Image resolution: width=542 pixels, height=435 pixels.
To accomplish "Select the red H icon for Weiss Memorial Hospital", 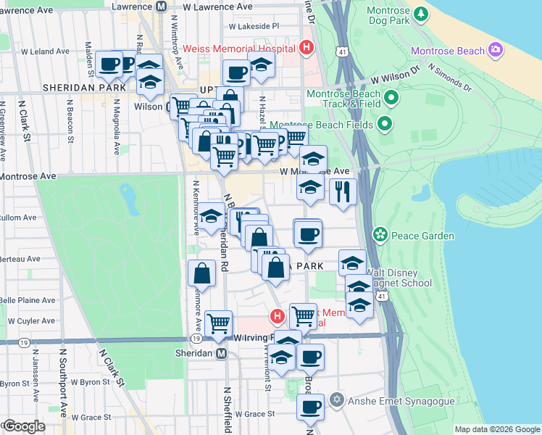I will [x=307, y=49].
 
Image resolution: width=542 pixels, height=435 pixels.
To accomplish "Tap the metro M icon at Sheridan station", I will [x=222, y=353].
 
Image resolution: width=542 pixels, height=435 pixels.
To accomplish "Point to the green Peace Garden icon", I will [x=379, y=235].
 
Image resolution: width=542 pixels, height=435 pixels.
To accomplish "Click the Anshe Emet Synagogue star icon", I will [x=335, y=400].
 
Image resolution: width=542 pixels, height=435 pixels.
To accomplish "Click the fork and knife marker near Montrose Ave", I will [x=342, y=191].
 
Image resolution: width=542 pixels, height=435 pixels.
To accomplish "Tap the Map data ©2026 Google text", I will [x=496, y=429].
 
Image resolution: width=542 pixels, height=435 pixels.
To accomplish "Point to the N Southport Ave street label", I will [x=64, y=383].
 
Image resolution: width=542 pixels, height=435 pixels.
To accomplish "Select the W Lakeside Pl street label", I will [x=253, y=25].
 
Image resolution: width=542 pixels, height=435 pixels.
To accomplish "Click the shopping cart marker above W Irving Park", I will [x=218, y=323].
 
